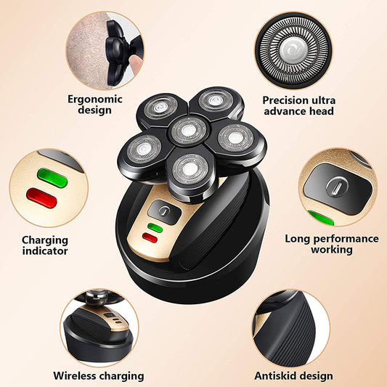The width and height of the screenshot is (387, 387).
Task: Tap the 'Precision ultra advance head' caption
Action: pyautogui.click(x=298, y=105)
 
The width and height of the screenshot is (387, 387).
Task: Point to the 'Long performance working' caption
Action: pyautogui.click(x=331, y=243)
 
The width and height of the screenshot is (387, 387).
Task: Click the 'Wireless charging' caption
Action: pyautogui.click(x=98, y=375)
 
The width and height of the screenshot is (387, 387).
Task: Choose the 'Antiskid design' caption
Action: pyautogui.click(x=293, y=375)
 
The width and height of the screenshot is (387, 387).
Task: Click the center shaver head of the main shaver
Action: pyautogui.click(x=187, y=130)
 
